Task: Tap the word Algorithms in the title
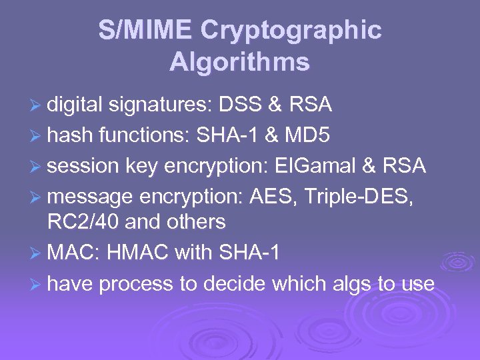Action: pos(239,62)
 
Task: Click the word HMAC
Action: pos(139,253)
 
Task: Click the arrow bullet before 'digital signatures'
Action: pos(37,105)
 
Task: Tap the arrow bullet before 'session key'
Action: pos(37,166)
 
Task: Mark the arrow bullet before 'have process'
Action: pos(37,285)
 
